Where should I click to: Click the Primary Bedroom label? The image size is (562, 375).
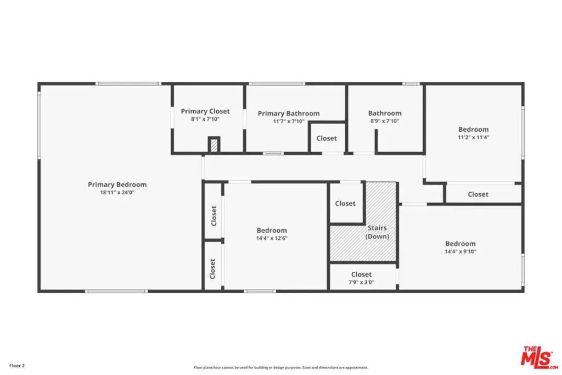pos(117,184)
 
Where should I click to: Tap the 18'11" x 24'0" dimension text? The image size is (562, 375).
pos(117,193)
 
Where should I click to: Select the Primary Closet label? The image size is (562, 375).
pos(205,111)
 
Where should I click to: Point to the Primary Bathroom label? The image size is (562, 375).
pos(289,113)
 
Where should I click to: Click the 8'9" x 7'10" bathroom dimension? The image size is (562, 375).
pos(385,121)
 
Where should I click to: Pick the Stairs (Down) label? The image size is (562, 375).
pos(377,232)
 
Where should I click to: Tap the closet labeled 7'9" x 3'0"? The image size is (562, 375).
pos(361,278)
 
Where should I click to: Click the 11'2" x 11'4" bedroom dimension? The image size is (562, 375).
pos(474,137)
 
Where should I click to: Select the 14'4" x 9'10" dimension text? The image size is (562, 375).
pos(460,251)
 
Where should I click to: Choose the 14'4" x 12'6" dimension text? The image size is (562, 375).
pos(272,238)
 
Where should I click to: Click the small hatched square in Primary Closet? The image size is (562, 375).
pos(214,145)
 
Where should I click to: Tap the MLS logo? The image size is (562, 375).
pos(540,357)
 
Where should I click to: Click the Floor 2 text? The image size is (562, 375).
pos(17,366)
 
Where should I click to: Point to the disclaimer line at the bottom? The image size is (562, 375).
pos(280,367)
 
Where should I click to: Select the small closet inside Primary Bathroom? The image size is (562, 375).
pos(327,138)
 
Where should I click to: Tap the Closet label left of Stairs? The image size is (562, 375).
pos(345,204)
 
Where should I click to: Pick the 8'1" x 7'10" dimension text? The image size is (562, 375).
pos(205,119)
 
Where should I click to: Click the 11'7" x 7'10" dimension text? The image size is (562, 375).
pos(289,121)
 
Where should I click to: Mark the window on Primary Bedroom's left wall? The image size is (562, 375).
pos(39,124)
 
